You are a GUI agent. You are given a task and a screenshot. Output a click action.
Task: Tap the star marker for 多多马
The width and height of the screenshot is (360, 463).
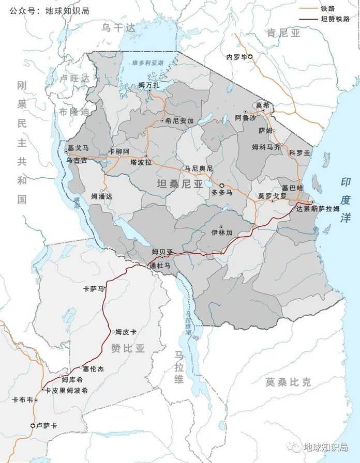click(222, 185)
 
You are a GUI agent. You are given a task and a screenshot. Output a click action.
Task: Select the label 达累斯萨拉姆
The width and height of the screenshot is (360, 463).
click(318, 209)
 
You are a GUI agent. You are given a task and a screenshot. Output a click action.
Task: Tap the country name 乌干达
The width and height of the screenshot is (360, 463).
click(118, 28)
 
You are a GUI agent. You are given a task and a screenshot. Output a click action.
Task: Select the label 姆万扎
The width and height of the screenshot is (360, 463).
click(149, 84)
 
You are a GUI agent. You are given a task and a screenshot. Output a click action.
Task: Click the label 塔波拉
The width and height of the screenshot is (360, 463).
click(141, 162)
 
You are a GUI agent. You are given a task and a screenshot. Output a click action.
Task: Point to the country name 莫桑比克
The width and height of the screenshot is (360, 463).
click(289, 382)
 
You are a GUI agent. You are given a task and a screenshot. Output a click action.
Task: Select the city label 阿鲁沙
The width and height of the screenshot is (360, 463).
click(245, 118)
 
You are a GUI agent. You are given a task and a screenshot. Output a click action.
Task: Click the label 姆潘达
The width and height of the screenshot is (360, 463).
click(101, 196)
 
